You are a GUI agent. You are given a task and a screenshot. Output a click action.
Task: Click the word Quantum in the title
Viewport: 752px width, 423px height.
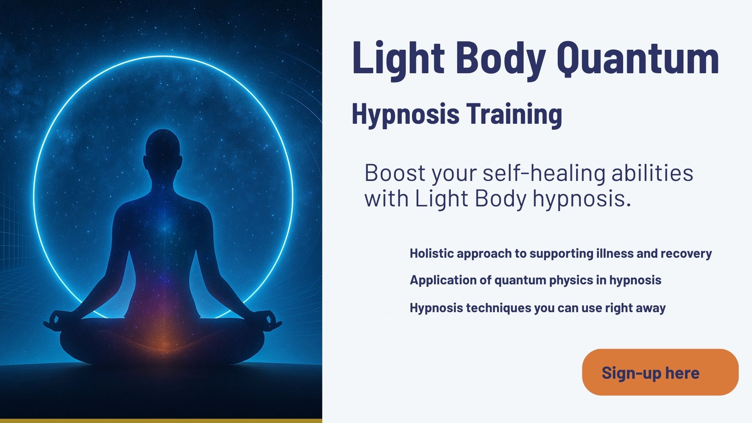(638, 59)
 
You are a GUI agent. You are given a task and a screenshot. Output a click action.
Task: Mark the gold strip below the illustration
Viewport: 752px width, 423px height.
(161, 421)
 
